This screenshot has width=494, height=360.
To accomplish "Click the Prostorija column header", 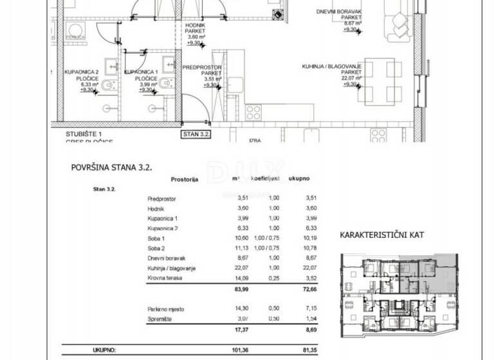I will (x=185, y=180).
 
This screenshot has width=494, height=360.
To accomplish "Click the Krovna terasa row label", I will (x=164, y=278).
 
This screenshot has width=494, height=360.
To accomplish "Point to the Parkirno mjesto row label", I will (x=167, y=309).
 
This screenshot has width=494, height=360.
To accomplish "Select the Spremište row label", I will (x=161, y=319).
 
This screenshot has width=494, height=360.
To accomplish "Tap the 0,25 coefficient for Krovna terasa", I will (x=274, y=278).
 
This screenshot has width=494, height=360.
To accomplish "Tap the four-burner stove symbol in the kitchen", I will (x=253, y=113).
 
